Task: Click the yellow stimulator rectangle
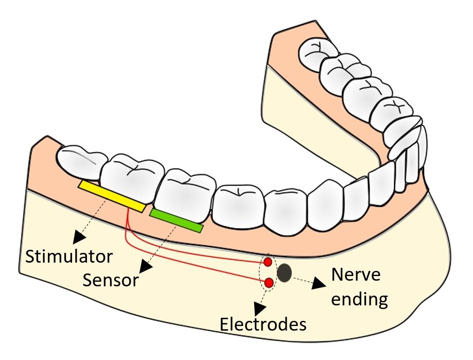coord(111,196)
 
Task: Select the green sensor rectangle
coord(177,220)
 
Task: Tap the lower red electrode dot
coord(268,282)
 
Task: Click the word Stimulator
coord(69,256)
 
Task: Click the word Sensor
coord(111,280)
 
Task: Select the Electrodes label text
coord(263,325)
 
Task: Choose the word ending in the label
coord(359,299)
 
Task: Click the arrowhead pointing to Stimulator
coord(79,237)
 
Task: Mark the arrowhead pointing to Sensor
coord(145,268)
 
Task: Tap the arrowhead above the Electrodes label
coord(260,307)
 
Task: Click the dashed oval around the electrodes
coord(262,273)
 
